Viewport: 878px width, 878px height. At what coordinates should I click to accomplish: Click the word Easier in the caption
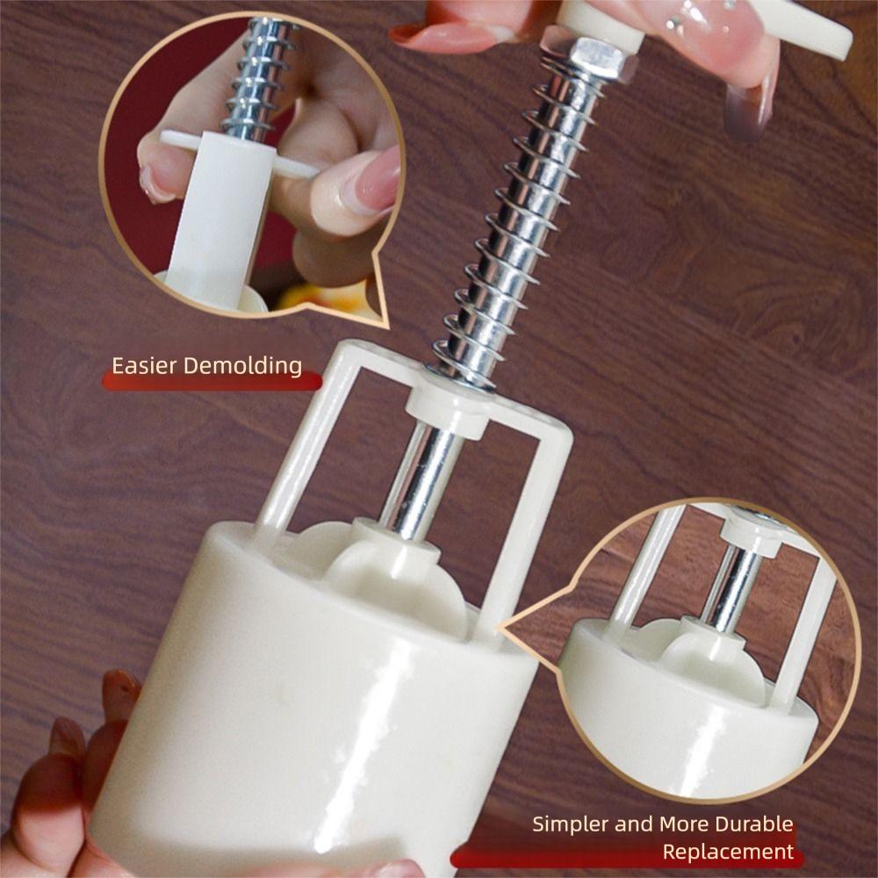tap(145, 365)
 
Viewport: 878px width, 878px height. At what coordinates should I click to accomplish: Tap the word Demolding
tap(242, 365)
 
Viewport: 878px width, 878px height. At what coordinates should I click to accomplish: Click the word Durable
tap(749, 824)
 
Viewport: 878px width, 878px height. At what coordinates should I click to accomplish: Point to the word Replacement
tap(728, 851)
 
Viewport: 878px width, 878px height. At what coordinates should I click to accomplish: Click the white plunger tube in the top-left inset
tap(215, 219)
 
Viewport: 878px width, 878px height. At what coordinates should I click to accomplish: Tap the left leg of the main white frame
tap(303, 448)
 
